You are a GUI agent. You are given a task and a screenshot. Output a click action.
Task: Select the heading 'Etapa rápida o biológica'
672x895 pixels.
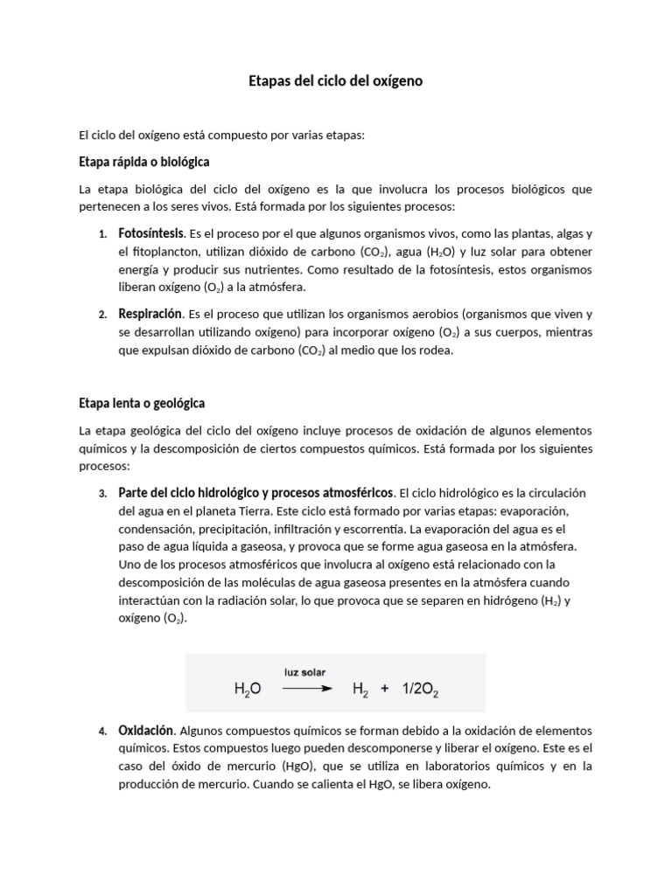(143, 163)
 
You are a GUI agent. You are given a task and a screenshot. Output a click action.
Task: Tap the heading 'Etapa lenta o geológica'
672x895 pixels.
(141, 403)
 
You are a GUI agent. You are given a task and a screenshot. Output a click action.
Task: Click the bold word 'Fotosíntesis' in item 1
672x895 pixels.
(151, 233)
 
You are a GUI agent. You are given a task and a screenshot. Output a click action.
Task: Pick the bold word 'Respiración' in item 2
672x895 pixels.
(150, 313)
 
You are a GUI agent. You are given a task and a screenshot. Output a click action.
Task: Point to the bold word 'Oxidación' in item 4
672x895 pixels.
(146, 730)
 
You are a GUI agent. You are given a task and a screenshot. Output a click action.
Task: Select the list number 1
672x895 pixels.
(101, 235)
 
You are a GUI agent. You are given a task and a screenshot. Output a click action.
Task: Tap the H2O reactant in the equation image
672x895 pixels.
(248, 690)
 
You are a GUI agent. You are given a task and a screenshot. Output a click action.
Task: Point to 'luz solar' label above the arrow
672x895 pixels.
(304, 671)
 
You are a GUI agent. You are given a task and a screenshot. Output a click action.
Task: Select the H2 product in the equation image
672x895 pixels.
(360, 690)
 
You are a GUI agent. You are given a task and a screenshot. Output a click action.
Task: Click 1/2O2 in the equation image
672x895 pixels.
(420, 690)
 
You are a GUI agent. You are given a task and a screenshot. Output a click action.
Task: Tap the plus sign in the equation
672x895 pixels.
(385, 689)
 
